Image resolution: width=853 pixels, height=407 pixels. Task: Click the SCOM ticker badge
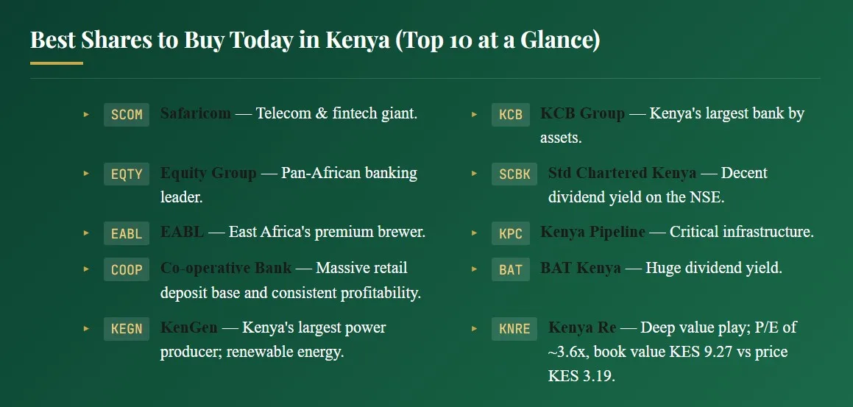click(x=127, y=115)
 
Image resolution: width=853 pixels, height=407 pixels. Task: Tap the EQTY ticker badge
click(x=127, y=174)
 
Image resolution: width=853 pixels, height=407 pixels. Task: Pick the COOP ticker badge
click(x=127, y=269)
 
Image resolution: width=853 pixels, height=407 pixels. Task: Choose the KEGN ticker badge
click(x=127, y=328)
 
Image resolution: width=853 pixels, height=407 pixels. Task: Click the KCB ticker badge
click(x=511, y=115)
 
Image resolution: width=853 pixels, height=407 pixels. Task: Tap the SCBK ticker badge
click(x=514, y=174)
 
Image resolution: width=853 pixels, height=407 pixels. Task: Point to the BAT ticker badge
click(x=511, y=269)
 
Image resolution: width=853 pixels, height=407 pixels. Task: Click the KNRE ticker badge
click(x=514, y=328)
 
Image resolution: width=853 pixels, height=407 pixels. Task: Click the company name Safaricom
click(x=196, y=114)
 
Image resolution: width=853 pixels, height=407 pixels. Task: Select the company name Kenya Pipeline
click(x=592, y=232)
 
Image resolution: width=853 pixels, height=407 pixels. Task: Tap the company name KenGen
click(x=189, y=328)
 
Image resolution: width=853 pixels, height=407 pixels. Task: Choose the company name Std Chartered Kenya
click(x=622, y=173)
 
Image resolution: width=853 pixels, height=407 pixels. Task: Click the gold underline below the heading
click(x=57, y=63)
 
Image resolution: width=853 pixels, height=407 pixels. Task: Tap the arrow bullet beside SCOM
click(x=86, y=114)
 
